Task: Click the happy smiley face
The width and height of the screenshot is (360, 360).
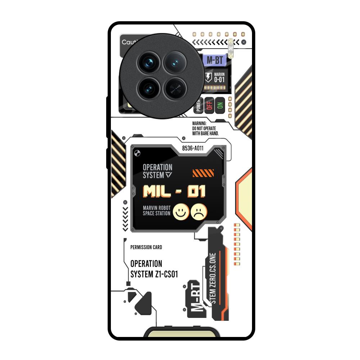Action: coord(181,212)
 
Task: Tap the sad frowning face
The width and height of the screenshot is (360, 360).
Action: coord(199,212)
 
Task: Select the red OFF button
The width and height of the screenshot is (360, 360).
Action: coord(210,105)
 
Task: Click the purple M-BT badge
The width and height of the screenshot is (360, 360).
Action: coord(215,60)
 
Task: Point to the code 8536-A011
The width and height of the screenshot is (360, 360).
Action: coord(193,148)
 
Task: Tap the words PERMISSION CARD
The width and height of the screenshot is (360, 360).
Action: coord(146,247)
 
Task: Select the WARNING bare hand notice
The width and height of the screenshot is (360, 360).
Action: coord(205,128)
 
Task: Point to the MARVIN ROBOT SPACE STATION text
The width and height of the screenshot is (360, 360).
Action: coord(156,211)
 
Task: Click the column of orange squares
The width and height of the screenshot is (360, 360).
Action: coord(237,244)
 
